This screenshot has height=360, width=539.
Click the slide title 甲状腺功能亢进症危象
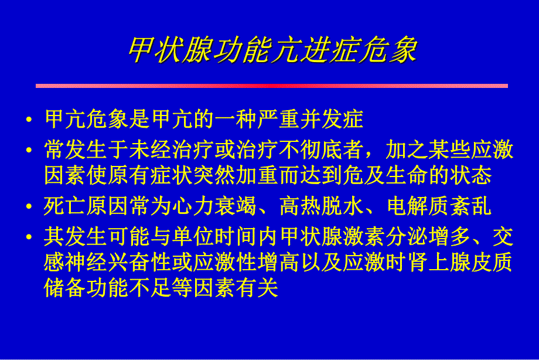click(272, 50)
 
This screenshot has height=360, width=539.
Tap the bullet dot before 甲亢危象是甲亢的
click(29, 120)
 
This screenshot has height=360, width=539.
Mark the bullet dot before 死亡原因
click(29, 206)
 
